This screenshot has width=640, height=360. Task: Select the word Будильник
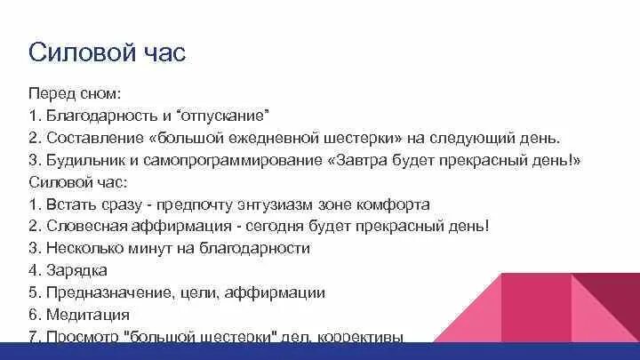pos(84,160)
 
